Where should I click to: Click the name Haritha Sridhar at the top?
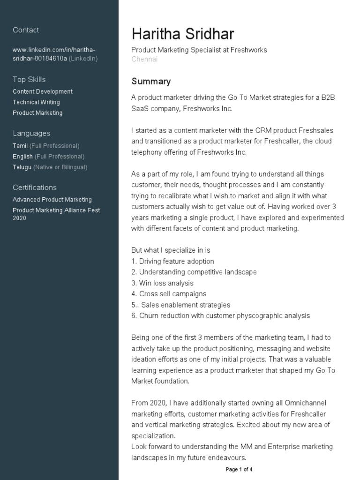(183, 34)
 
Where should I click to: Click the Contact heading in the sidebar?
(26, 30)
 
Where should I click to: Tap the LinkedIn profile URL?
(55, 54)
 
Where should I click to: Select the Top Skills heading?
(29, 79)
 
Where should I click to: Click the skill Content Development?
(43, 91)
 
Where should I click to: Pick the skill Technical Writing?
(36, 102)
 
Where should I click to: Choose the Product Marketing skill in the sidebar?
(37, 113)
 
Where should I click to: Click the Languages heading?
(31, 133)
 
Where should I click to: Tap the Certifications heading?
(35, 187)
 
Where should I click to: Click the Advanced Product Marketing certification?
(52, 200)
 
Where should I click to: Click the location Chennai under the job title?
(144, 59)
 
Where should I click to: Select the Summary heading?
(151, 82)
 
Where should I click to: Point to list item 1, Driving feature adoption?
(172, 261)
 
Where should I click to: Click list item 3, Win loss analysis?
(162, 283)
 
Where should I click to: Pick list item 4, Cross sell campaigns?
(169, 294)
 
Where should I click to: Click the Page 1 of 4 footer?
(239, 469)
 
